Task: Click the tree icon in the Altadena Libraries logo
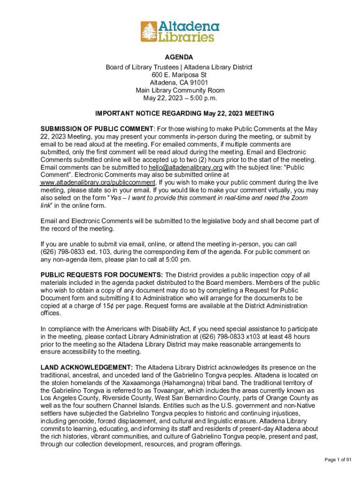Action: point(149,31)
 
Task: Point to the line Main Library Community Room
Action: point(180,90)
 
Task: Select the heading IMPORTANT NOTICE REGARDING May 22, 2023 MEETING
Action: point(185,114)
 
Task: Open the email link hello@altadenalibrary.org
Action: point(186,167)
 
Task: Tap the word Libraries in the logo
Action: point(186,36)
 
